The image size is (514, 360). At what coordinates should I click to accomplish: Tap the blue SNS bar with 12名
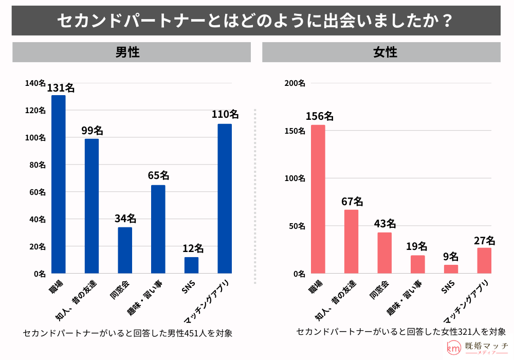click(191, 265)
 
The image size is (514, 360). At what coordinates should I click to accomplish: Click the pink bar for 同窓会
click(384, 253)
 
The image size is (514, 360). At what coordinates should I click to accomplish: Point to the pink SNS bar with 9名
click(451, 269)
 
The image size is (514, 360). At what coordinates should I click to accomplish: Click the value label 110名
click(225, 114)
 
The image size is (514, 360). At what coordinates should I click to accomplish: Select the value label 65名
click(158, 175)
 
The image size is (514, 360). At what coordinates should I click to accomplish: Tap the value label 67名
click(352, 201)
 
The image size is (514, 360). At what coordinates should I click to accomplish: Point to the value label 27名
click(484, 240)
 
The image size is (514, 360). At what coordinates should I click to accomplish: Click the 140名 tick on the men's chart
click(35, 83)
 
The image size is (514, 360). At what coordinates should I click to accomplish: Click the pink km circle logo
click(454, 348)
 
